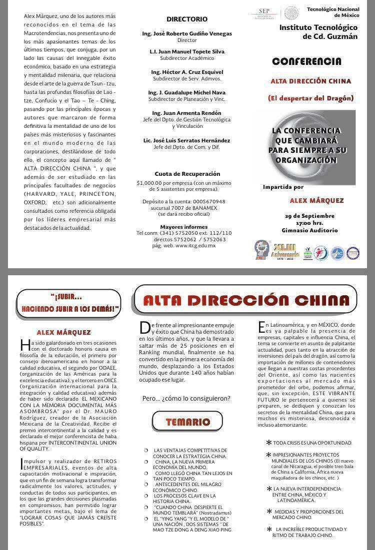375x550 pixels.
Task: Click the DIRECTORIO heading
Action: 186,19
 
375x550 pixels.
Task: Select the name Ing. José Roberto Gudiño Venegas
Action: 186,33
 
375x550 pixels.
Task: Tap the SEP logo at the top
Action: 269,12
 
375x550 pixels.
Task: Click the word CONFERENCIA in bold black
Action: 306,61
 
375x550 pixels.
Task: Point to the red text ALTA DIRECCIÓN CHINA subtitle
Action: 310,81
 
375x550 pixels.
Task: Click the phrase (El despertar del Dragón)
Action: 310,98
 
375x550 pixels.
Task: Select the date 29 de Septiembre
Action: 309,216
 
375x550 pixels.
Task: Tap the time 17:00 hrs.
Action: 309,223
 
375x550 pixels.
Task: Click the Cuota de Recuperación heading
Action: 186,174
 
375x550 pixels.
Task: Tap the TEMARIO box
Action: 187,422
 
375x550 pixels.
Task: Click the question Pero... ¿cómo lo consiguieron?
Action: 186,398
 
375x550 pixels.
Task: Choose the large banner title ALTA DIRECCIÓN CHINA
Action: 246,300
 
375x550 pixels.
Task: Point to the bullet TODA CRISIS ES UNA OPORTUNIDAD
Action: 312,443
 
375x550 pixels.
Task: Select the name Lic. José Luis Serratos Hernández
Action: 186,140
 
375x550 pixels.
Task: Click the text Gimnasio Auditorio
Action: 309,230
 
